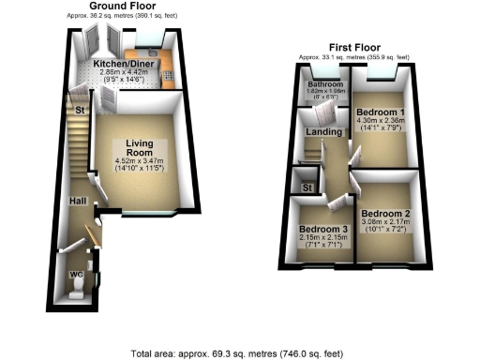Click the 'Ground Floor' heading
pyautogui.click(x=123, y=7)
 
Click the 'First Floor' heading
pyautogui.click(x=355, y=47)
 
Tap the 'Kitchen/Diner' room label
pyautogui.click(x=129, y=63)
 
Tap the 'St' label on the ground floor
pyautogui.click(x=82, y=110)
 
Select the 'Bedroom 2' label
pyautogui.click(x=384, y=213)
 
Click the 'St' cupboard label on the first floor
pyautogui.click(x=306, y=187)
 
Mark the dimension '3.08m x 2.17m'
pyautogui.click(x=384, y=221)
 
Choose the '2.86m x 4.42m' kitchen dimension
pyautogui.click(x=129, y=71)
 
